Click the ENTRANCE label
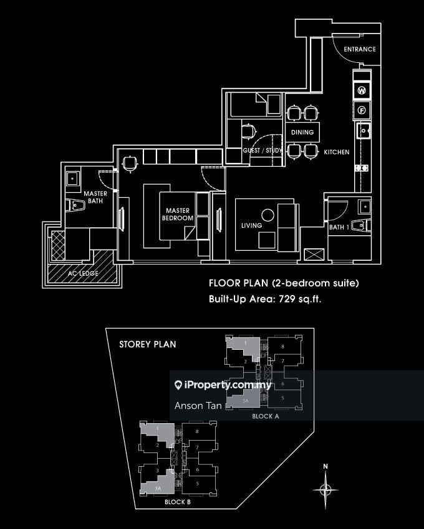tap(359, 49)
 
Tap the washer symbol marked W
tap(362, 91)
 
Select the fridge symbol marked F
tap(362, 111)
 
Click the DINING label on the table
tap(302, 133)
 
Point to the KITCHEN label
tap(336, 152)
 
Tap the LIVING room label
tap(251, 226)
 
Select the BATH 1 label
tap(339, 228)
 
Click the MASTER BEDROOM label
tap(178, 215)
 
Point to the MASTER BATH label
tap(96, 197)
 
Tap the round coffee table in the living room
tap(267, 215)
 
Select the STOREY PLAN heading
tap(147, 344)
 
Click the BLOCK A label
tap(266, 417)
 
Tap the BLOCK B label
tap(178, 502)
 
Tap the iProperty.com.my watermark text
tap(228, 385)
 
